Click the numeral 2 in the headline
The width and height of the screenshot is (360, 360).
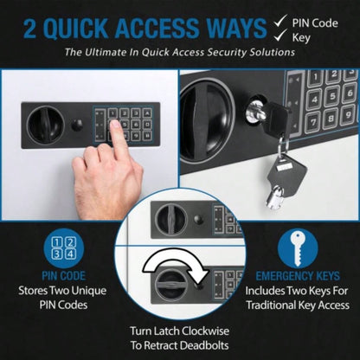[18, 26]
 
